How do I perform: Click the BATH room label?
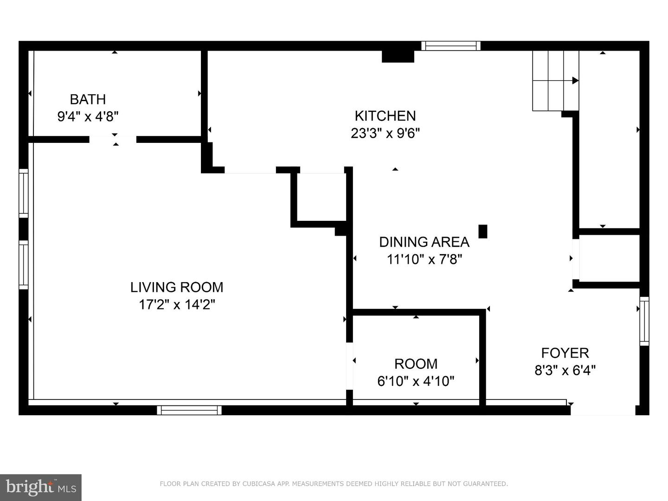(x=88, y=99)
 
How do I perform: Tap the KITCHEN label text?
(x=385, y=116)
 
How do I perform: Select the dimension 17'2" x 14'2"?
(x=177, y=305)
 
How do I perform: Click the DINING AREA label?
(x=424, y=242)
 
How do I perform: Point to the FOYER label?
(x=565, y=353)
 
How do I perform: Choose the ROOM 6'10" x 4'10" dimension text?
(x=416, y=381)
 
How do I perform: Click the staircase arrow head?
(x=575, y=80)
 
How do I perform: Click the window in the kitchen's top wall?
(x=450, y=45)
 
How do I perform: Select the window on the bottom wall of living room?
(x=189, y=410)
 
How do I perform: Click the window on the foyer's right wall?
(x=644, y=321)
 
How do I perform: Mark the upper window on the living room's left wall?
(x=23, y=193)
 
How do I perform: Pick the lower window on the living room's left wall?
(x=23, y=265)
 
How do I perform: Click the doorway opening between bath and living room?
(x=113, y=139)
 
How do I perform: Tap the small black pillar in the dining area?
(x=482, y=231)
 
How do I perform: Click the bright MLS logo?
(x=41, y=487)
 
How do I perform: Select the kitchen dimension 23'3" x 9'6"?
(x=385, y=134)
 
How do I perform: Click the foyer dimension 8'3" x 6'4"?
(x=565, y=371)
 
